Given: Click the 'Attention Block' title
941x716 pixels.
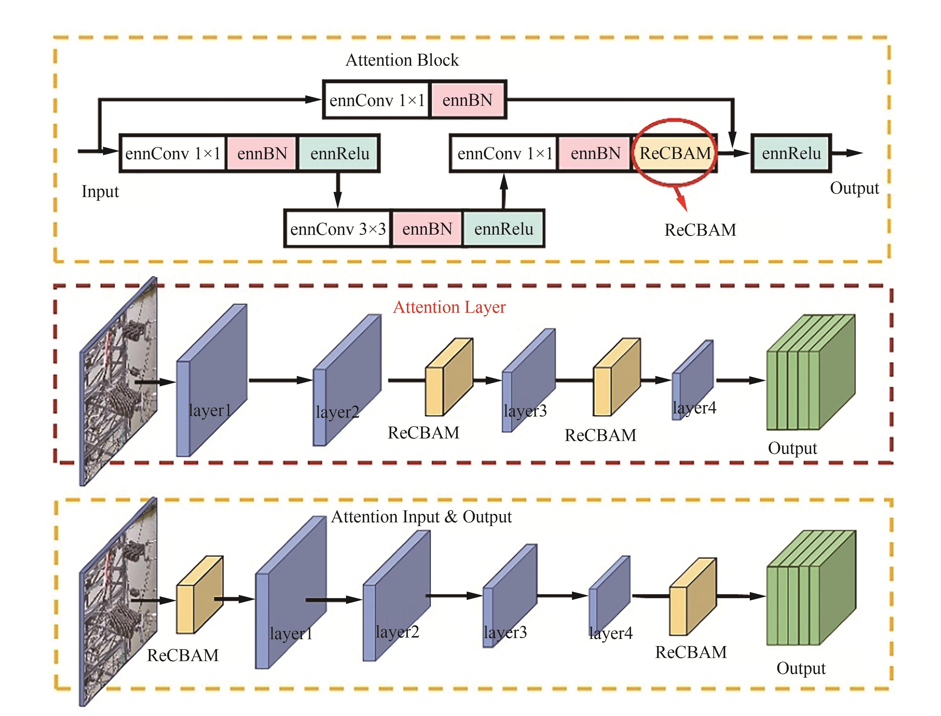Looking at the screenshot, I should click(x=402, y=60).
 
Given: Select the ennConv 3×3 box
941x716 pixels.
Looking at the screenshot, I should click(x=338, y=229).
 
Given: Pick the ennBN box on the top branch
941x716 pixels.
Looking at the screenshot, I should click(x=467, y=100).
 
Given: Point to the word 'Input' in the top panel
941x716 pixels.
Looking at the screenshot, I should click(x=100, y=191).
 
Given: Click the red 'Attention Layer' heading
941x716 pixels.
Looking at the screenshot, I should click(x=449, y=307).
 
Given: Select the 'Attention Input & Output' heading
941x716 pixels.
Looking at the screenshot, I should click(x=421, y=517).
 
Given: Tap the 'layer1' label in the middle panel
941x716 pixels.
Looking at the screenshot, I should click(x=210, y=410).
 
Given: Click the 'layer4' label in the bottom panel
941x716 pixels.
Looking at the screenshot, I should click(x=611, y=633).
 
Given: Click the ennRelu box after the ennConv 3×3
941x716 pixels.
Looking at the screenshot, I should click(x=504, y=229).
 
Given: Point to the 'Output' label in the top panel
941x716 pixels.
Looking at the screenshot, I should click(x=854, y=188).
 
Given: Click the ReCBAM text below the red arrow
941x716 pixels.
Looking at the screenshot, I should click(x=700, y=230).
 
